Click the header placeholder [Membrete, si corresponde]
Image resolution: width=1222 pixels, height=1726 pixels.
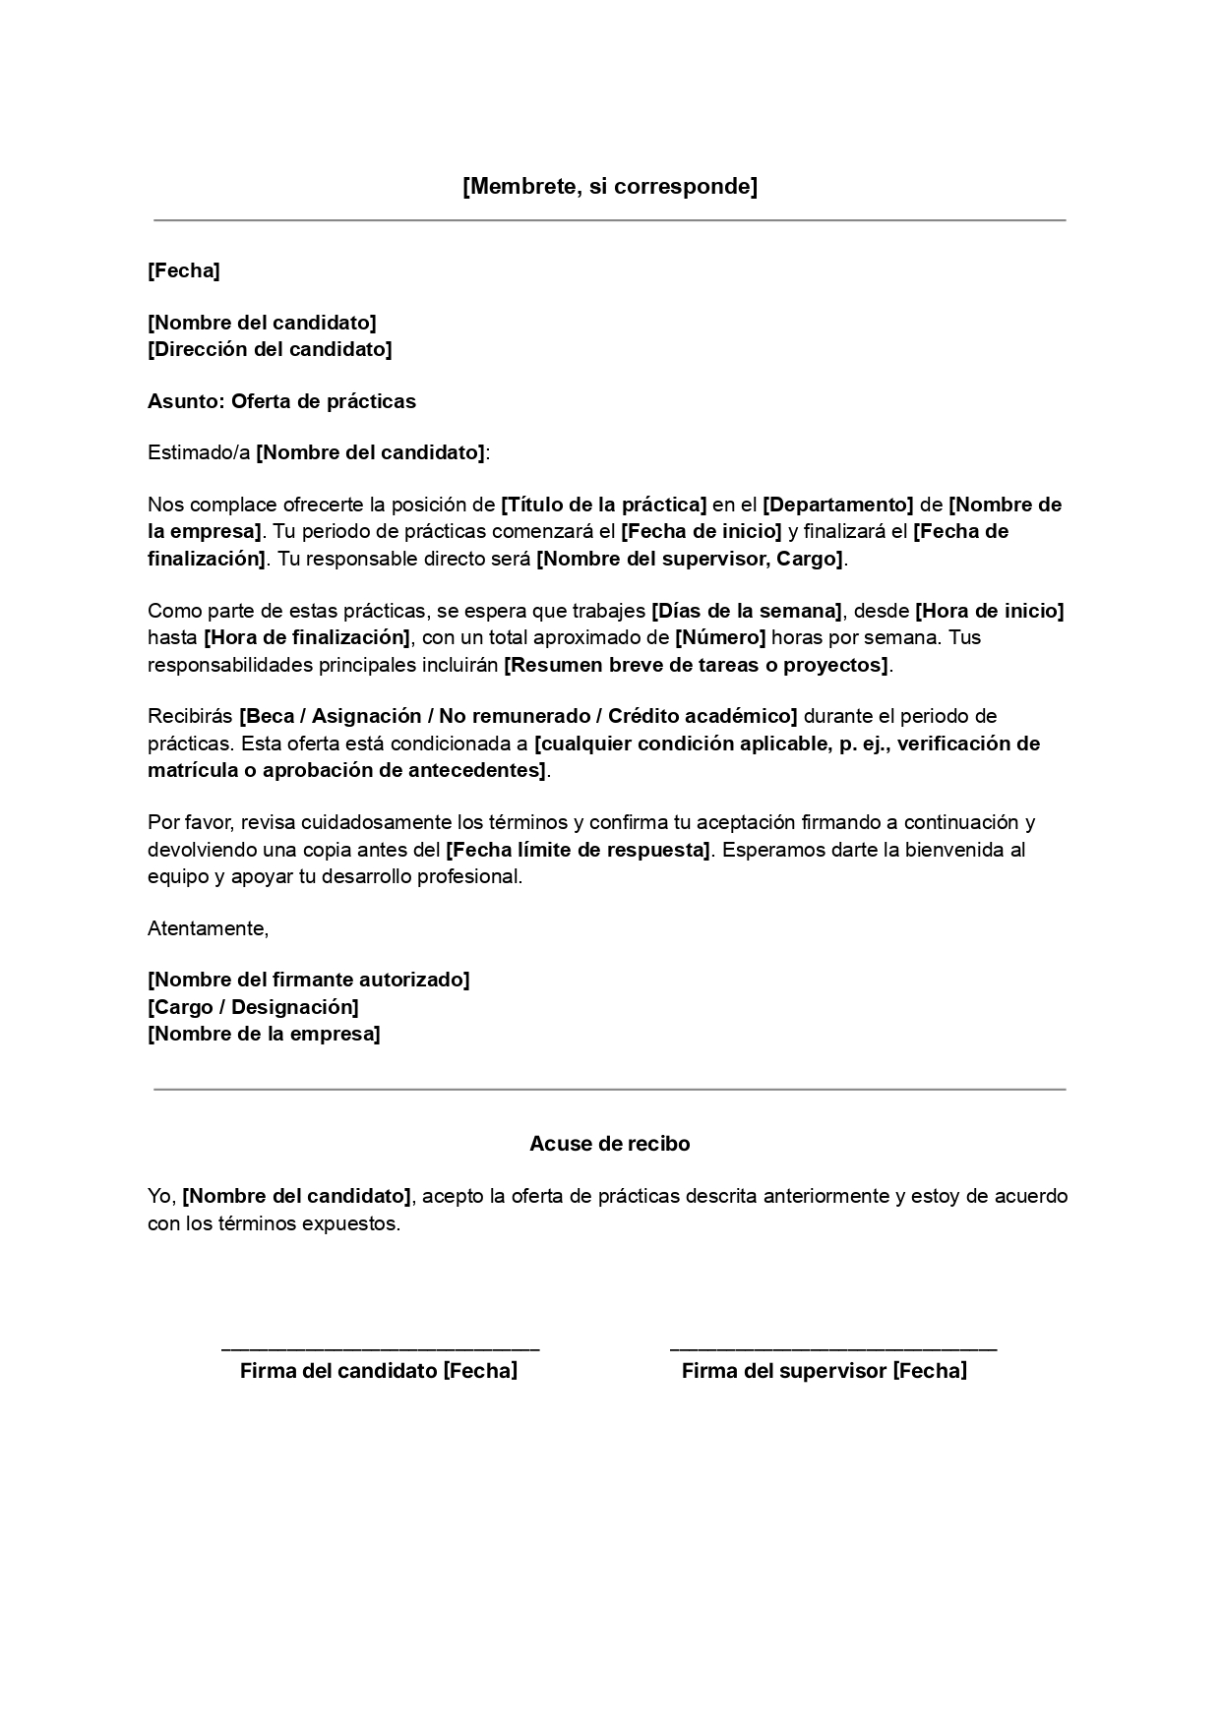pos(610,187)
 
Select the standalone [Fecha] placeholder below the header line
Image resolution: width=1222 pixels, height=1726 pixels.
pos(183,270)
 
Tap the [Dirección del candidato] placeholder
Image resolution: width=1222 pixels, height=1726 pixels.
pos(270,349)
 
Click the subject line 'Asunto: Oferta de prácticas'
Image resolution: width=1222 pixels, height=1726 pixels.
pos(281,401)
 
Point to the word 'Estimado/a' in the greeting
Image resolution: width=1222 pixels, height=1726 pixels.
pos(199,453)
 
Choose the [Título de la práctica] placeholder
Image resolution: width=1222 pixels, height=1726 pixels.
pos(604,506)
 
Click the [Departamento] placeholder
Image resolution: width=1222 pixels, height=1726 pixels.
pos(838,506)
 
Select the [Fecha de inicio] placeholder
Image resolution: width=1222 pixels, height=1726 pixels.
pos(701,532)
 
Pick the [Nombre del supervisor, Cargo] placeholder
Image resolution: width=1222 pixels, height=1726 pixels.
pos(690,560)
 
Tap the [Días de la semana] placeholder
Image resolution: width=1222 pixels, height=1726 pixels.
pos(746,611)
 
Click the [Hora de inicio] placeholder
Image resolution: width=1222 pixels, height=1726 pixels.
pos(989,611)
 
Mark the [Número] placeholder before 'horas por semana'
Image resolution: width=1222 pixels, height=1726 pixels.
pos(719,637)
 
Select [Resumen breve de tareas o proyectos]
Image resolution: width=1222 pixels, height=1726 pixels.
pos(696,665)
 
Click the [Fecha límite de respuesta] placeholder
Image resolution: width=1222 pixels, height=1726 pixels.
pos(578,850)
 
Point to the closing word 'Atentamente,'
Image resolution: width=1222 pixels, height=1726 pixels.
pos(208,928)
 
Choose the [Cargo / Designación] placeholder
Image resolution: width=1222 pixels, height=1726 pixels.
pos(253,1007)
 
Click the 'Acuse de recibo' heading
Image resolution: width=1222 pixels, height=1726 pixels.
pos(610,1144)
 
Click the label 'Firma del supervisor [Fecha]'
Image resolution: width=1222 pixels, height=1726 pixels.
pos(824,1371)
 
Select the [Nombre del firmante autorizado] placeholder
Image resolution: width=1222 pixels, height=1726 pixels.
pos(308,980)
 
